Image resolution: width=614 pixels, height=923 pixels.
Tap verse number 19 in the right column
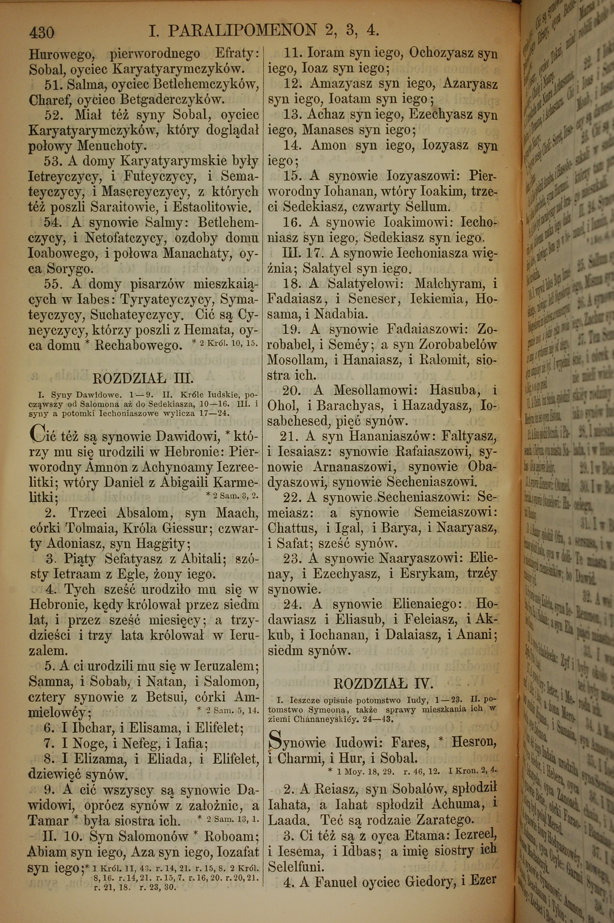click(x=290, y=329)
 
